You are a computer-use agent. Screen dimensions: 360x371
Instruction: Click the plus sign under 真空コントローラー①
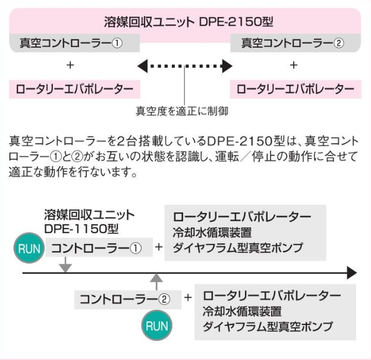[x=71, y=65]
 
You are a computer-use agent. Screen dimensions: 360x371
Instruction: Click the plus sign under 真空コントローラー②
[x=293, y=65]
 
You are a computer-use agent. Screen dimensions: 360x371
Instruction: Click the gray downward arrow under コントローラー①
[x=66, y=267]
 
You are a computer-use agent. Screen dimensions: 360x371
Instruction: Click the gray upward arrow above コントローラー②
[x=156, y=279]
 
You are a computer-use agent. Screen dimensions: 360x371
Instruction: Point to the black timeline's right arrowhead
[x=351, y=273]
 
